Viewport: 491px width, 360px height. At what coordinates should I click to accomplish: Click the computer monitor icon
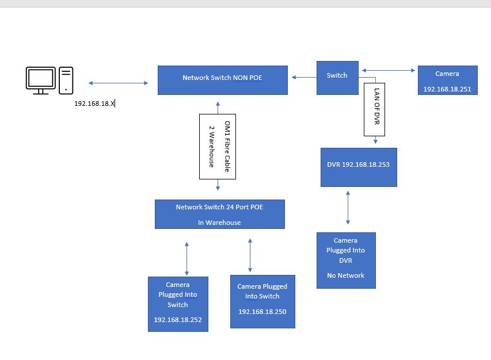[40, 80]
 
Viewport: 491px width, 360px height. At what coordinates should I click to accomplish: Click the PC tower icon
[66, 80]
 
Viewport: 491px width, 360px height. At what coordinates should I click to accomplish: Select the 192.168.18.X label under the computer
[95, 104]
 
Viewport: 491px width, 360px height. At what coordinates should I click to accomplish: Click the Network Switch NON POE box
[222, 80]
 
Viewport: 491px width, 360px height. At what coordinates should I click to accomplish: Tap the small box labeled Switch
[337, 76]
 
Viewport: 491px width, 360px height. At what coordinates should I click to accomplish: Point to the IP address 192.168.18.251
[447, 89]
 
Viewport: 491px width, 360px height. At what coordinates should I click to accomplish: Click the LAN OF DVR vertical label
[374, 109]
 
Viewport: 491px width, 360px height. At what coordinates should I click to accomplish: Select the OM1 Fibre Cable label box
[218, 146]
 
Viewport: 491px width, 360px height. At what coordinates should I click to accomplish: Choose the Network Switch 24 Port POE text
[219, 207]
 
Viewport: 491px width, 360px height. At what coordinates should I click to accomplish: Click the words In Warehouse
[219, 222]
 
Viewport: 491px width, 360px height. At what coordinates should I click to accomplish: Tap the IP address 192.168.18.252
[178, 319]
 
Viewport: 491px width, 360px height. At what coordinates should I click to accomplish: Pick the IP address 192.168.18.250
[262, 312]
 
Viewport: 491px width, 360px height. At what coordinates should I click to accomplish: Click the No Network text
[345, 275]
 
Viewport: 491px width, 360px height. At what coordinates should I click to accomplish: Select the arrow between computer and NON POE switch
[118, 83]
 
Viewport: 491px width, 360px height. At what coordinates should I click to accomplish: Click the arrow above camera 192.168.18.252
[186, 258]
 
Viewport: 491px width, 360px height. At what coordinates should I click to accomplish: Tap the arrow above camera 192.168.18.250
[250, 255]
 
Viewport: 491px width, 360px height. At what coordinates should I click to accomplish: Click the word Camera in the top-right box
[447, 74]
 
